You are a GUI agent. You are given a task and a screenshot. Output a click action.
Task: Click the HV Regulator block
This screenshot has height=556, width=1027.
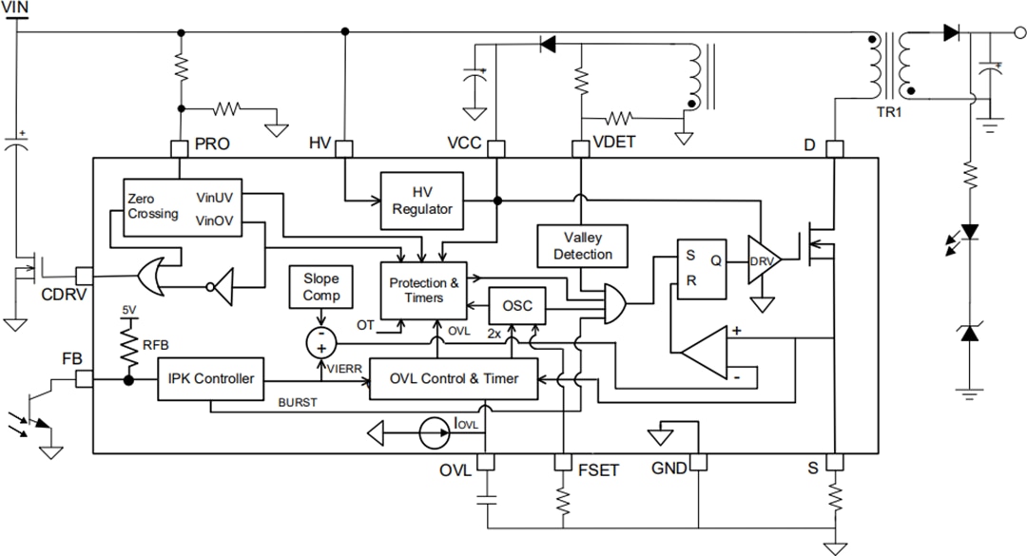coord(422,201)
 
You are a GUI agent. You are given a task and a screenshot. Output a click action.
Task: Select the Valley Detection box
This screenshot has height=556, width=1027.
coord(583,244)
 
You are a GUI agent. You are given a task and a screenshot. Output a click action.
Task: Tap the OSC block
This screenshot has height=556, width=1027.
coord(517,307)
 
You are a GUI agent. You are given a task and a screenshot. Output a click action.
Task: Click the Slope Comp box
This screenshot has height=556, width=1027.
coord(321,287)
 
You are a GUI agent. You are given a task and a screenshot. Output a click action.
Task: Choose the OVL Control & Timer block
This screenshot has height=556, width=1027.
coord(454,378)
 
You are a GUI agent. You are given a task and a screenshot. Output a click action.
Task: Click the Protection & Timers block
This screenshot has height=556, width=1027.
coord(424,290)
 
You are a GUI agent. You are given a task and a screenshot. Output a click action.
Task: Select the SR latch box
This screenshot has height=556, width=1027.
coord(703,268)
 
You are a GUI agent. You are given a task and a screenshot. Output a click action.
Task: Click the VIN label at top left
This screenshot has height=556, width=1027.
coord(16,9)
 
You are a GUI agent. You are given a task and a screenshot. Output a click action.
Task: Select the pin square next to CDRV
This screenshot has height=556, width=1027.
coord(84,276)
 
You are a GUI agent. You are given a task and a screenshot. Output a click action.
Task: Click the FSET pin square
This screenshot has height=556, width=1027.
coord(561,462)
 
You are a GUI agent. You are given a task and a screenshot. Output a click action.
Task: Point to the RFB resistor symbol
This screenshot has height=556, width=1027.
coord(126,345)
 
